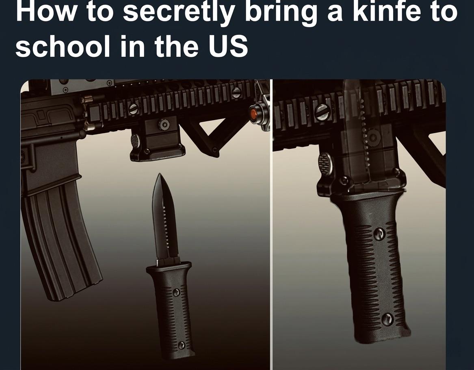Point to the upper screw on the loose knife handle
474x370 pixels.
pos(176,292)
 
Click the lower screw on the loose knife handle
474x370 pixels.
pos(181,346)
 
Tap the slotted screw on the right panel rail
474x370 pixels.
pos(323,112)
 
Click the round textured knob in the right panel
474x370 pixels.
pos(325,162)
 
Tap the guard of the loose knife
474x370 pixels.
pos(169,267)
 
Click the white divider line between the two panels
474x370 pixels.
pos(271,223)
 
